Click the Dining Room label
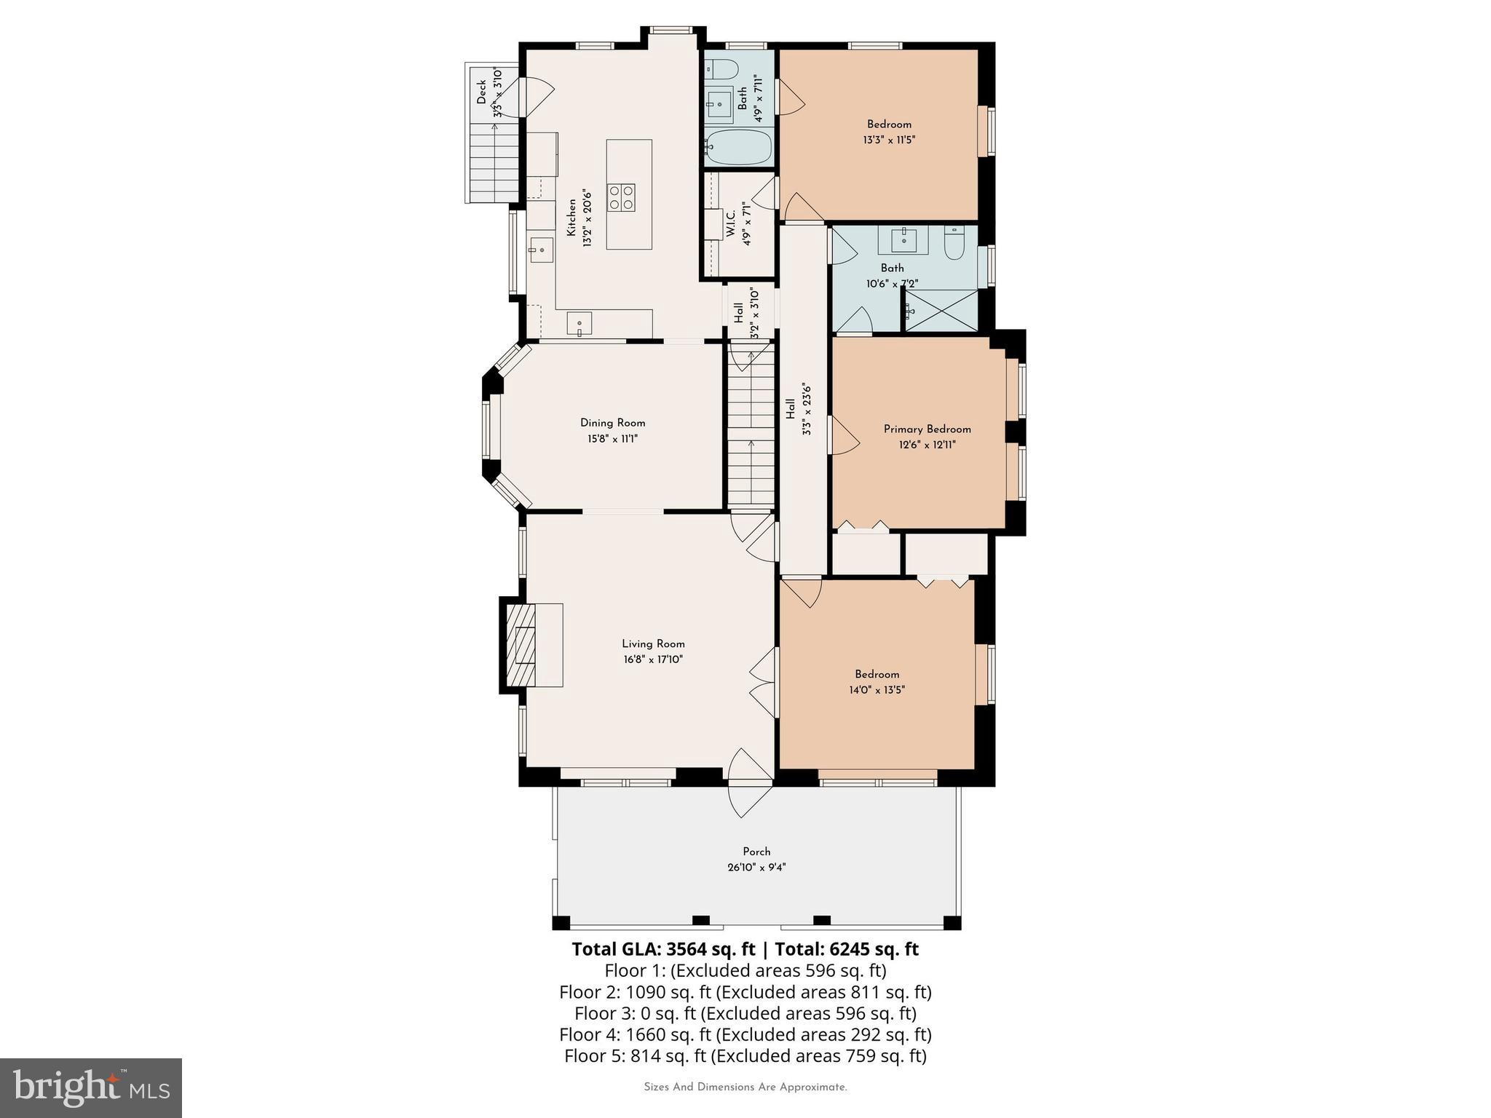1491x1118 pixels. point(612,423)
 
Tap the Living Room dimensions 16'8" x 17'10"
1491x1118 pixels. point(652,659)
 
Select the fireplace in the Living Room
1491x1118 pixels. point(521,644)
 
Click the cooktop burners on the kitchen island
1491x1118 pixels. point(621,197)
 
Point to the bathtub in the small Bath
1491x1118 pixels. point(737,148)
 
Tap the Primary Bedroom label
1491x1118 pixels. point(927,429)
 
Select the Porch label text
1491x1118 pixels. point(756,852)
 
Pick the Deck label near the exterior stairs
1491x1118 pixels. point(481,92)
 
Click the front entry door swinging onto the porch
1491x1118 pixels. point(750,785)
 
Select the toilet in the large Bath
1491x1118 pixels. point(954,244)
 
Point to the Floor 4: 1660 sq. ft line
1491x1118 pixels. point(745,1034)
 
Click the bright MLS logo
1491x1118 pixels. point(91,1087)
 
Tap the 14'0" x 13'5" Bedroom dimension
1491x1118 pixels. point(877,690)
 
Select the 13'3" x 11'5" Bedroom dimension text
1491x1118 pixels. point(888,140)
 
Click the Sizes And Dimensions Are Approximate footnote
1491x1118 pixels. point(745,1087)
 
